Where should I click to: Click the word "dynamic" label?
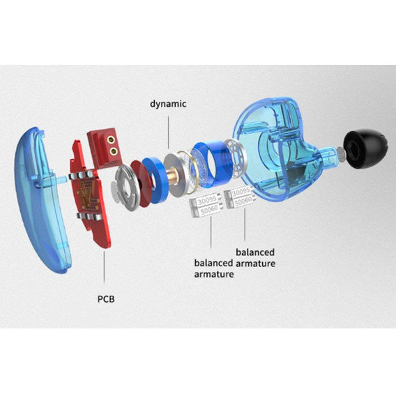pyautogui.click(x=168, y=104)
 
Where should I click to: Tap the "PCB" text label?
pyautogui.click(x=106, y=299)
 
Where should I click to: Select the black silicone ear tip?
pyautogui.click(x=365, y=149)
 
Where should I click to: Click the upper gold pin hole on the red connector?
pyautogui.click(x=110, y=139)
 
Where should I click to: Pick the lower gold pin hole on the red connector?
pyautogui.click(x=114, y=151)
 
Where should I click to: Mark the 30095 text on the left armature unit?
pyautogui.click(x=207, y=201)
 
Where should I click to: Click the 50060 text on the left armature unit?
pyautogui.click(x=208, y=210)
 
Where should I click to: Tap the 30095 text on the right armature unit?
pyautogui.click(x=241, y=192)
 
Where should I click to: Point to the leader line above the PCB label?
pyautogui.click(x=104, y=267)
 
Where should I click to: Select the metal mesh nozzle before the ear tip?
pyautogui.click(x=341, y=154)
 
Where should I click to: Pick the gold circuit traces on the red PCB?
pyautogui.click(x=87, y=195)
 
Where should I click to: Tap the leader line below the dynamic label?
pyautogui.click(x=169, y=132)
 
